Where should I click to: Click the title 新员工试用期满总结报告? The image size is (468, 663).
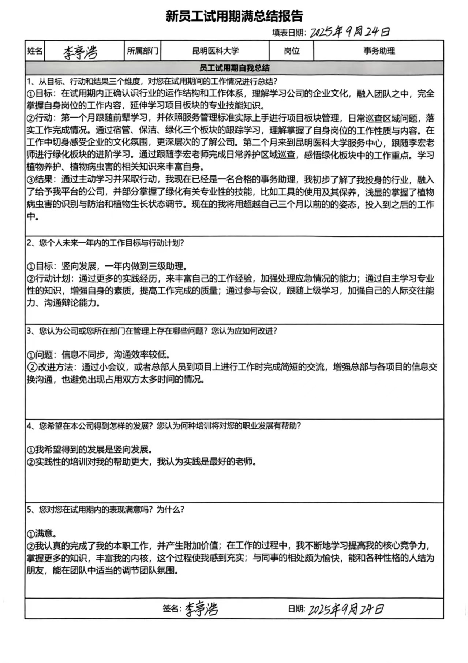[234, 16]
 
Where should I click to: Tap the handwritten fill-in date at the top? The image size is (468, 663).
[349, 32]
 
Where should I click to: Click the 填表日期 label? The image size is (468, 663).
[288, 33]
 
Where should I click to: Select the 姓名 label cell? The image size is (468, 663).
[35, 51]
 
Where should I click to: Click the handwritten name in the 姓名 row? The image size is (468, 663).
[81, 52]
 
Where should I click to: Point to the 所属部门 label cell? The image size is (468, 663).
[142, 51]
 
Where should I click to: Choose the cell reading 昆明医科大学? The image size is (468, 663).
[215, 51]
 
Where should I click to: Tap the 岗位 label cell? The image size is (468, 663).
[292, 51]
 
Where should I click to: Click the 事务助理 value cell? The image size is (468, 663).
[379, 51]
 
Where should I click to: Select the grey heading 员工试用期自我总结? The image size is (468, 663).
[234, 68]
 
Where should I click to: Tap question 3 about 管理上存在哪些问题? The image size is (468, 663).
[152, 331]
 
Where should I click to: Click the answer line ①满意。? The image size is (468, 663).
[41, 533]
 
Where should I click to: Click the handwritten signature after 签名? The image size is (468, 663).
[201, 609]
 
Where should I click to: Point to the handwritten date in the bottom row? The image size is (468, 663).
[346, 609]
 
